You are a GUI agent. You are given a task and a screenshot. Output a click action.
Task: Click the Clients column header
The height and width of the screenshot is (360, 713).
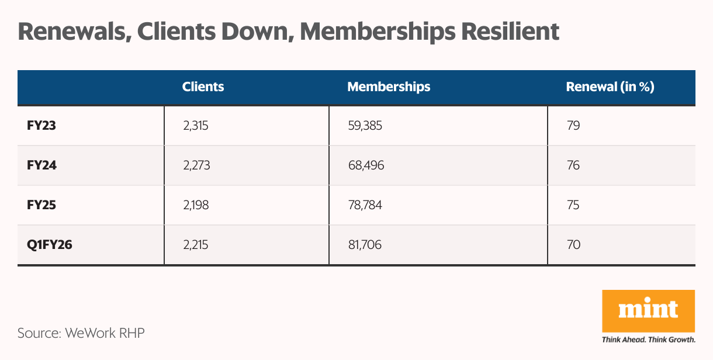coord(203,87)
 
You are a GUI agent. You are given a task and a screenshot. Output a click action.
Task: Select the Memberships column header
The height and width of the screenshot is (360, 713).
coord(389,87)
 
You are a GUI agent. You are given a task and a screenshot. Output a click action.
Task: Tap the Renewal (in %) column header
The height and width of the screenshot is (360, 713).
coord(610,87)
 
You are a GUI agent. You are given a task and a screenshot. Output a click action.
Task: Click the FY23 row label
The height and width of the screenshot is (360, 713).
coord(41,126)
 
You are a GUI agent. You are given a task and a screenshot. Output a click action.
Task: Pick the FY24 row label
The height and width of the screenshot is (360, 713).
coord(41,165)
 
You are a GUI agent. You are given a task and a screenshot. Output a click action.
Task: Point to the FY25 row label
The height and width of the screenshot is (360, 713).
coord(41,205)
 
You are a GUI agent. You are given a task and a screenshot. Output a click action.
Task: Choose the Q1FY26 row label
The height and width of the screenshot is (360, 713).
coord(49,245)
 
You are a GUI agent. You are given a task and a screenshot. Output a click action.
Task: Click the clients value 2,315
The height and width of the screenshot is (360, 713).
coord(196,126)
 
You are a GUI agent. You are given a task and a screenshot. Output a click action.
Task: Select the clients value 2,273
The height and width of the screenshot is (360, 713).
coord(196,165)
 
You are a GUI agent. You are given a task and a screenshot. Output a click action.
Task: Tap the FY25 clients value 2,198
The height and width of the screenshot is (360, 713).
coord(196,205)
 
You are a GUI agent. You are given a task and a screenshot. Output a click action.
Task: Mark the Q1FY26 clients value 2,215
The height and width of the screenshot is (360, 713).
coord(195,245)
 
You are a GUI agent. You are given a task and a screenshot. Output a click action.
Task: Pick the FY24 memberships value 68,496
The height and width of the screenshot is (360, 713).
coord(366,165)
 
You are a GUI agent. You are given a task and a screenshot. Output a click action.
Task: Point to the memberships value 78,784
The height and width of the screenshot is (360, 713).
coord(365,205)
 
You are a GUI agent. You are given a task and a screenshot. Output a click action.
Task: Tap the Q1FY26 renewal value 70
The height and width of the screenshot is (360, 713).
coord(573,245)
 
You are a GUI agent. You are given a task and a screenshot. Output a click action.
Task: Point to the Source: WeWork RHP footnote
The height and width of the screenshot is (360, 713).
coord(81,334)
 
